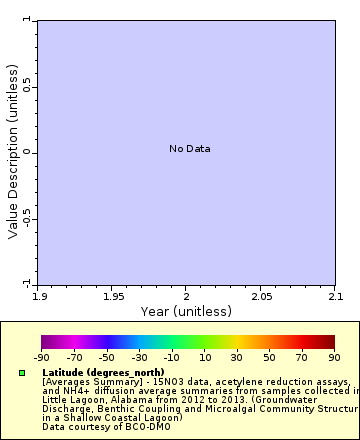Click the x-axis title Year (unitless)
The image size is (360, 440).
coord(187,311)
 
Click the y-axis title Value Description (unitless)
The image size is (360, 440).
coord(13,151)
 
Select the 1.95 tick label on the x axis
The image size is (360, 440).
coord(113,297)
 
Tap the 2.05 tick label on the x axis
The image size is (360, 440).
coord(260,297)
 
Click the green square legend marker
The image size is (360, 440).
coord(22,373)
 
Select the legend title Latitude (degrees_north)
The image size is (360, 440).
coord(103,372)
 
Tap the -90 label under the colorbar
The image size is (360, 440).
coord(41,357)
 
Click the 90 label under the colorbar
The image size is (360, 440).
coord(334,357)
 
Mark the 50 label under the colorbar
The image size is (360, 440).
coord(269,357)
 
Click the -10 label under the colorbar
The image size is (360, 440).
coord(172,357)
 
